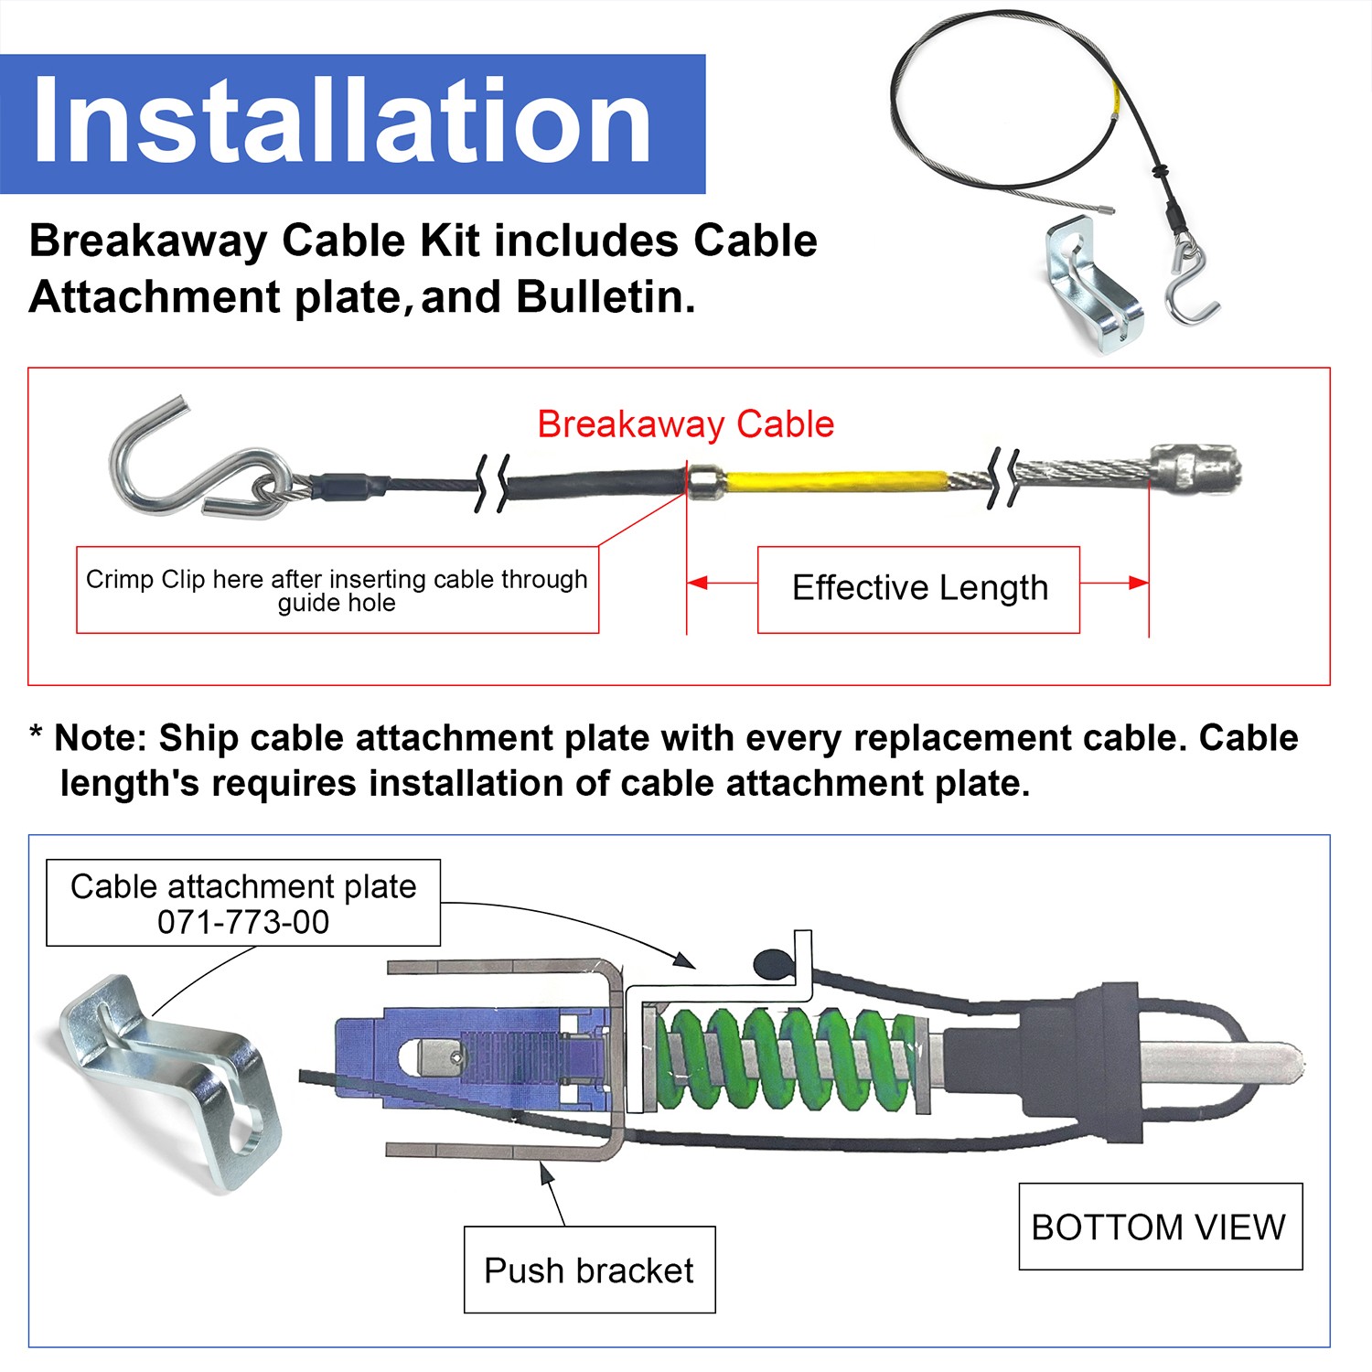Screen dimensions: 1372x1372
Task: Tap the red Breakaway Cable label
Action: (685, 424)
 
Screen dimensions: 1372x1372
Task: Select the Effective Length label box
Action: (918, 588)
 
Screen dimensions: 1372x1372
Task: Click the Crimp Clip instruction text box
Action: (337, 590)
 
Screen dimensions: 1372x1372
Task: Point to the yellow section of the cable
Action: (832, 480)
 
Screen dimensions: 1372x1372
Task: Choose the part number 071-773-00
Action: (243, 922)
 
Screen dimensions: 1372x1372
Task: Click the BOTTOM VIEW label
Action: (1159, 1227)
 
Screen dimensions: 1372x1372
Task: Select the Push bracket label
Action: (589, 1270)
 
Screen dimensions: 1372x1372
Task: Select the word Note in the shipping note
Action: (95, 738)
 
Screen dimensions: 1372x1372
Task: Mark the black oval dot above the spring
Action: (771, 962)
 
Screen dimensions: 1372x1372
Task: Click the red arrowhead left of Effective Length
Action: (697, 583)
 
